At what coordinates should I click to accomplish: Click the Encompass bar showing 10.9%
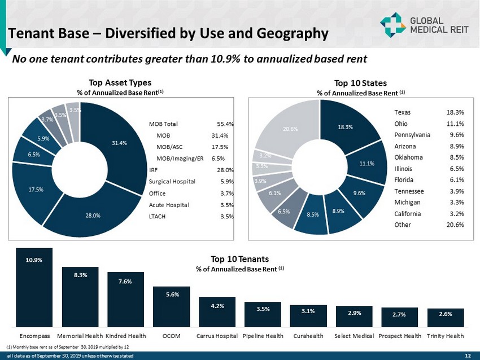point(34,288)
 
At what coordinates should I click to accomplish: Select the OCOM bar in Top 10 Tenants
point(171,307)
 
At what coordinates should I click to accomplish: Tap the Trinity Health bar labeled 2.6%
point(446,318)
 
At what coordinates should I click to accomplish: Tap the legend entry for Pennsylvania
point(412,135)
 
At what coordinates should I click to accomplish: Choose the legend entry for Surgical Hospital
point(172,182)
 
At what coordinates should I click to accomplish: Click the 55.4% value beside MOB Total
point(225,124)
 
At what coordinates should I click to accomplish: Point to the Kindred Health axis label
point(125,336)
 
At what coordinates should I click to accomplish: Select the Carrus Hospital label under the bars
point(217,336)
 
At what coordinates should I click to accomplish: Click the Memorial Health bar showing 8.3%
point(80,297)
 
